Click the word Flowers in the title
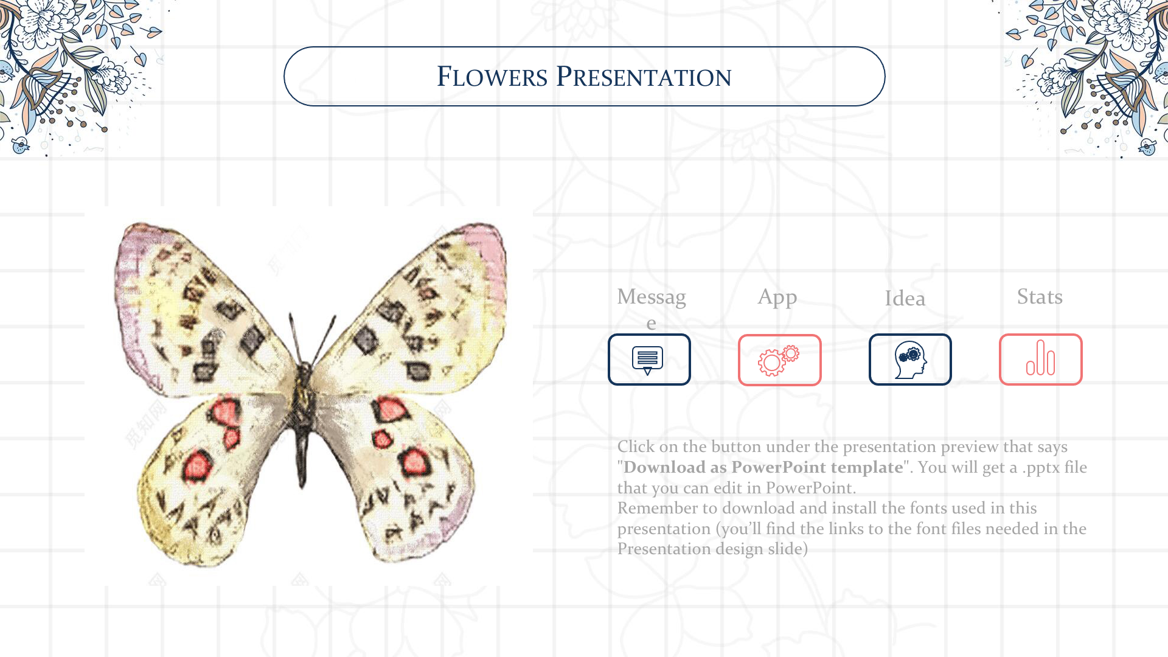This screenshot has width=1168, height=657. pyautogui.click(x=492, y=77)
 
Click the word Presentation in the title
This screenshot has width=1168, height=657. pyautogui.click(x=644, y=77)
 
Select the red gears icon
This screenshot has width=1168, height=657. pyautogui.click(x=779, y=361)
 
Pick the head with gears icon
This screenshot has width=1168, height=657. pyautogui.click(x=910, y=360)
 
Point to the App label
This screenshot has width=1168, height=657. pyautogui.click(x=777, y=297)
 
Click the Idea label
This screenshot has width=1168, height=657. pyautogui.click(x=905, y=299)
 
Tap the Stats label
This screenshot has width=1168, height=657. pyautogui.click(x=1040, y=297)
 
